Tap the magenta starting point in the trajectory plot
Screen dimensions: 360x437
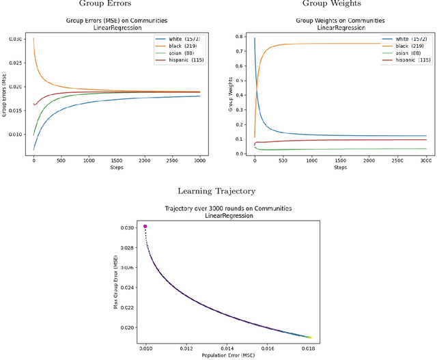[x=145, y=226]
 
